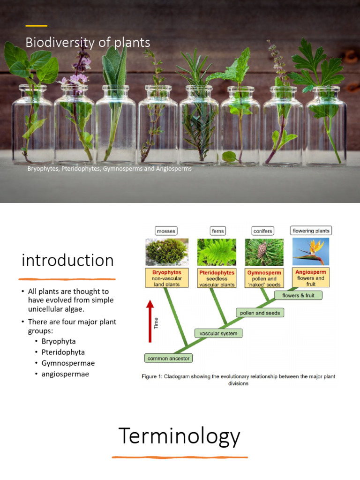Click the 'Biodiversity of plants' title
[x=88, y=43]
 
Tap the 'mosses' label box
[x=166, y=231]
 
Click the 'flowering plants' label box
[x=311, y=231]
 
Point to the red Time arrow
[x=150, y=322]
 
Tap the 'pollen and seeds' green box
[x=259, y=313]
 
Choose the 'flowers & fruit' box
[x=299, y=295]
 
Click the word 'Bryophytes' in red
[x=166, y=272]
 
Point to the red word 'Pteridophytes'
[x=217, y=272]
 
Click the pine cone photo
[x=264, y=252]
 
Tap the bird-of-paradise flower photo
[x=311, y=252]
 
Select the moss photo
[x=167, y=252]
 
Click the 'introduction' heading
[x=68, y=260]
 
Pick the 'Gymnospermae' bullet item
[x=65, y=363]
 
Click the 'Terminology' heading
[x=180, y=436]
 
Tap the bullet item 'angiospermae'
[x=65, y=374]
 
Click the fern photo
[x=217, y=252]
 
